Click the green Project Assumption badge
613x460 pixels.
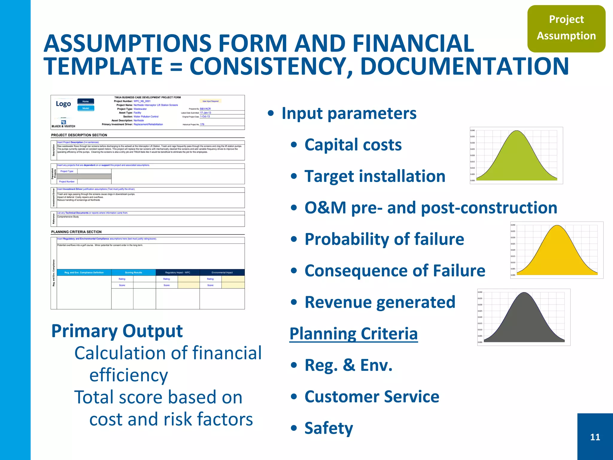tap(566, 28)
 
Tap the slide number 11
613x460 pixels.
tap(595, 437)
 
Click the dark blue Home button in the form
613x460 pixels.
tap(86, 101)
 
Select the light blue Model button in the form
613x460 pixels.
tap(86, 108)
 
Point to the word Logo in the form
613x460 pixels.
tap(63, 104)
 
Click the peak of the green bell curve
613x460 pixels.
tap(517, 131)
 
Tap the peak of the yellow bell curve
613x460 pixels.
tap(557, 226)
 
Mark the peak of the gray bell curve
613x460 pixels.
tap(524, 293)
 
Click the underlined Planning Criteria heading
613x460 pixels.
tap(353, 334)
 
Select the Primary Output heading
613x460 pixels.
tap(117, 331)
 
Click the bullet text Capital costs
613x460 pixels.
tap(353, 145)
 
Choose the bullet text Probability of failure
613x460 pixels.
tap(384, 239)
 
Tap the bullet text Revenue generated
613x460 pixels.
tap(380, 302)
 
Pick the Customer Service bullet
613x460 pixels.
tap(372, 397)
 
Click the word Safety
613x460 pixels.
tap(329, 428)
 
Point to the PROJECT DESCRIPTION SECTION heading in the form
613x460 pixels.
tap(79, 135)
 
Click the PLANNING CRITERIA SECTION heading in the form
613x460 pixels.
tap(76, 232)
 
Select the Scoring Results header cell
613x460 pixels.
tap(133, 273)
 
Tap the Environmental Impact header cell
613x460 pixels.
tap(222, 273)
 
